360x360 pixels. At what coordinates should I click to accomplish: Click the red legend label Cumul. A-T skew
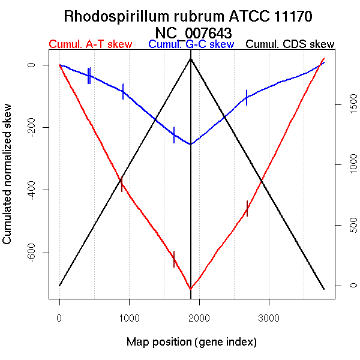pyautogui.click(x=90, y=44)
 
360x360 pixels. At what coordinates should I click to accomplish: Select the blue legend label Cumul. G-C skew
pyautogui.click(x=191, y=44)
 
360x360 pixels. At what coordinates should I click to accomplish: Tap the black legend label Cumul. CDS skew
pyautogui.click(x=290, y=44)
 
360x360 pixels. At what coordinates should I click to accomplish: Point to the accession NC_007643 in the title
pyautogui.click(x=193, y=31)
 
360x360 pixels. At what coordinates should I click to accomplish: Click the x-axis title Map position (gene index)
pyautogui.click(x=191, y=342)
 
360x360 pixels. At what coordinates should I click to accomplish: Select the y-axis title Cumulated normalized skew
pyautogui.click(x=8, y=181)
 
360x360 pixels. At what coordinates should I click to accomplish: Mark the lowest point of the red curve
pyautogui.click(x=191, y=289)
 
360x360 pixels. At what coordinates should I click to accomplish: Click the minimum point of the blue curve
pyautogui.click(x=191, y=144)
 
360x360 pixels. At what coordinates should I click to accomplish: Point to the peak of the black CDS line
pyautogui.click(x=191, y=59)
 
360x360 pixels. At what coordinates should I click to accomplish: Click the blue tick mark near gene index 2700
pyautogui.click(x=247, y=97)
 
